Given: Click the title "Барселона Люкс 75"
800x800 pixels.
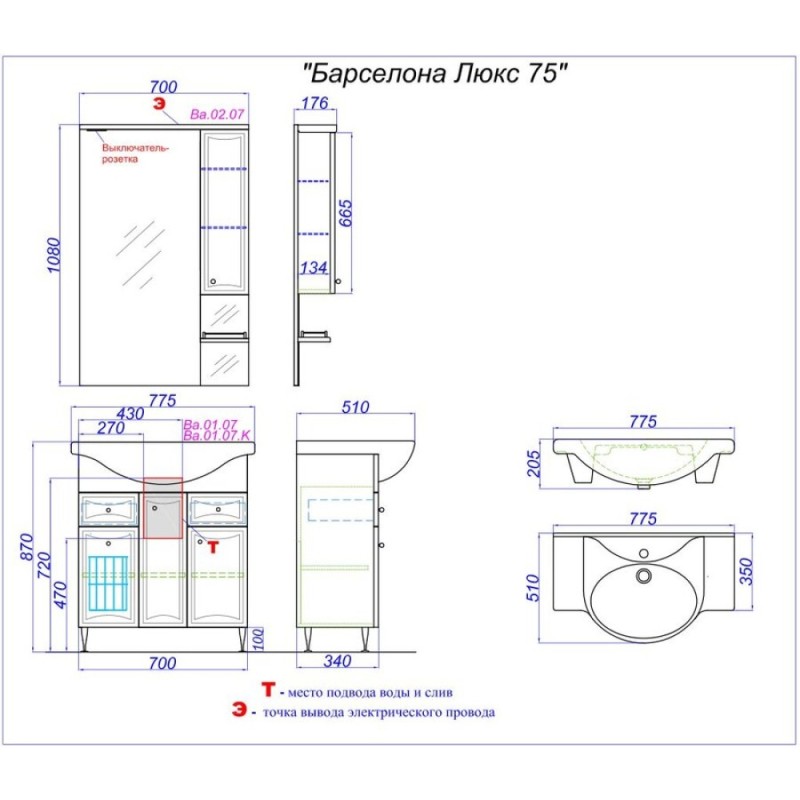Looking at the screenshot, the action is tap(435, 74).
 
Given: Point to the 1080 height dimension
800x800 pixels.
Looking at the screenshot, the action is tap(54, 255).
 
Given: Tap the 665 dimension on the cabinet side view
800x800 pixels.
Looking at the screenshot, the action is tap(345, 213).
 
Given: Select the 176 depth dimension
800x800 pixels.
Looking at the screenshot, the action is tap(314, 103).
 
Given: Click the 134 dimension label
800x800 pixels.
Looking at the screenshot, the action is tap(313, 267).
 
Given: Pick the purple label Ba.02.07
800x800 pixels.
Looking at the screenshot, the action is tap(217, 114).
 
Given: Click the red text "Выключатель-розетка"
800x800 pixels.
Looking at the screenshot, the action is tap(135, 154).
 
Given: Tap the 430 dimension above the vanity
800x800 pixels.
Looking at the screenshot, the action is tap(130, 413).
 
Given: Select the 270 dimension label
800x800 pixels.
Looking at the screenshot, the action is tap(111, 428).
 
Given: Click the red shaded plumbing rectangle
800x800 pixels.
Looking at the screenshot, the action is tap(163, 508).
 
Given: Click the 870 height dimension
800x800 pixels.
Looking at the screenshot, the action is tap(27, 546).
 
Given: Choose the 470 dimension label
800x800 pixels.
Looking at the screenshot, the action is tap(60, 594).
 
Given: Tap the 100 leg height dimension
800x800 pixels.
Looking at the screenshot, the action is tap(259, 639).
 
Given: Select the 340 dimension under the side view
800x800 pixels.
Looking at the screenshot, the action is tap(337, 661).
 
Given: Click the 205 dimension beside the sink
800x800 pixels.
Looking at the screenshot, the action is tap(533, 463).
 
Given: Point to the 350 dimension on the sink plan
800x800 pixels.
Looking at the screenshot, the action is tap(746, 571).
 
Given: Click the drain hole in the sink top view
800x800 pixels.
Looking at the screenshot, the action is tap(644, 576).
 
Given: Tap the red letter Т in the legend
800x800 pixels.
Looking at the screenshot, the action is tap(268, 690).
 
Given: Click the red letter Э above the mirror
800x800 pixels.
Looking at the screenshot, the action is tap(160, 104).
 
